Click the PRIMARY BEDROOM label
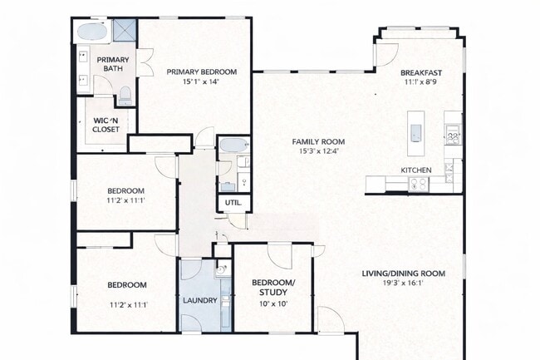pos(201,72)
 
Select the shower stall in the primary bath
pos(125,31)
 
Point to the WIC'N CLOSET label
pos(106,125)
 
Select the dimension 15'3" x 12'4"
pos(320,151)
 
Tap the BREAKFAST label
pos(420,72)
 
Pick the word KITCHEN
pos(416,170)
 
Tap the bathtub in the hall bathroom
pos(233,145)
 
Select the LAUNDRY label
pos(200,300)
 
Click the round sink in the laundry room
pos(222,269)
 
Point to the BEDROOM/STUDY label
pos(272,287)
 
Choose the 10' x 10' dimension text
pos(272,304)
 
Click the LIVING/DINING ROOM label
pos(403,274)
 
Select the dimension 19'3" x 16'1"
pos(403,284)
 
